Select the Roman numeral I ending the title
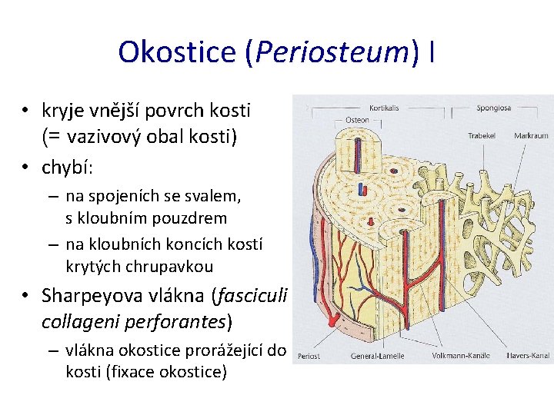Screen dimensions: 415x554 pos(433,52)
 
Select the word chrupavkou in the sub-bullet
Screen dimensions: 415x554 pos(173,266)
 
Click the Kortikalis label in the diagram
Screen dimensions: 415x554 pos(385,108)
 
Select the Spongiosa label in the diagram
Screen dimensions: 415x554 pos(493,108)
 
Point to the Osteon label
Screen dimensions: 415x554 pos(356,120)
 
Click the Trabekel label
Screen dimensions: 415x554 pos(482,135)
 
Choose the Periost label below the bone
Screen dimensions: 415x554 pos(309,356)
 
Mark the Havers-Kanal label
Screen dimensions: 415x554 pos(528,356)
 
